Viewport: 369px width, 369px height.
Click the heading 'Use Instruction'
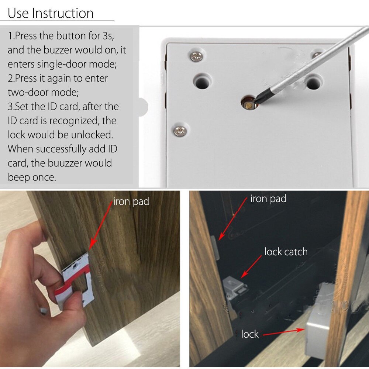click(51, 13)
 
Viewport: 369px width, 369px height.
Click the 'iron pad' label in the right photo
click(268, 199)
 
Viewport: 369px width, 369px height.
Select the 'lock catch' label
click(286, 252)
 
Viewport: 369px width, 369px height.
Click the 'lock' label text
click(250, 334)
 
